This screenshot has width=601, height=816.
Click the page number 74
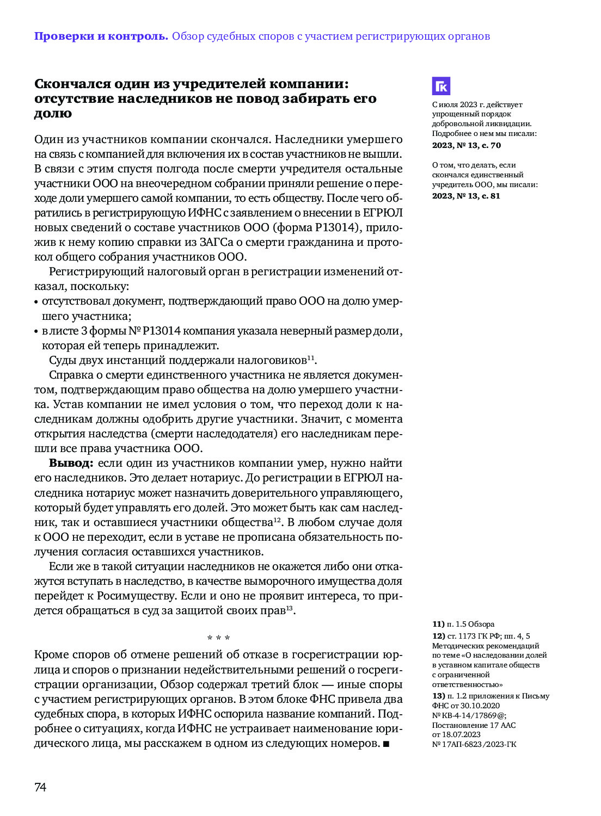[x=40, y=787]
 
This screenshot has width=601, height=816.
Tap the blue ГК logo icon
[x=441, y=86]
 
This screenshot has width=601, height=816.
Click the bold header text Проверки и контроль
[x=101, y=36]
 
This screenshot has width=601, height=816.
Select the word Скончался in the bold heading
[x=72, y=84]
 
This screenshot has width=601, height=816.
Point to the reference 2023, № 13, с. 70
[x=466, y=145]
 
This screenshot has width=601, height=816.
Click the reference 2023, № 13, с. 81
[x=466, y=196]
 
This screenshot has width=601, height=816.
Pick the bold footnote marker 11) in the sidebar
[x=438, y=624]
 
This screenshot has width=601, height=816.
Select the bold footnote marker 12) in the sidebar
[x=438, y=636]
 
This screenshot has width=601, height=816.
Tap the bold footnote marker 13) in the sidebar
[x=438, y=696]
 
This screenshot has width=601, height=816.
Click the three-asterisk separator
[x=218, y=638]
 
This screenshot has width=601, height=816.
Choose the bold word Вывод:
[x=71, y=463]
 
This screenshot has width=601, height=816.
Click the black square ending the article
[x=387, y=744]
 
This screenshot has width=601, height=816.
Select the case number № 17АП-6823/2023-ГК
[x=474, y=744]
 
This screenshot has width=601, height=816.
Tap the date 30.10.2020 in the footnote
[x=480, y=706]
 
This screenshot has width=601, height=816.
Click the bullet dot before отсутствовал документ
[x=36, y=302]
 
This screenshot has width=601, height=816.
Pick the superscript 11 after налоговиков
[x=311, y=357]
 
